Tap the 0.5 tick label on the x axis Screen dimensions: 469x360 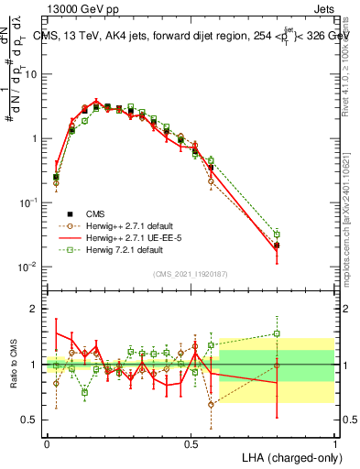191,442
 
